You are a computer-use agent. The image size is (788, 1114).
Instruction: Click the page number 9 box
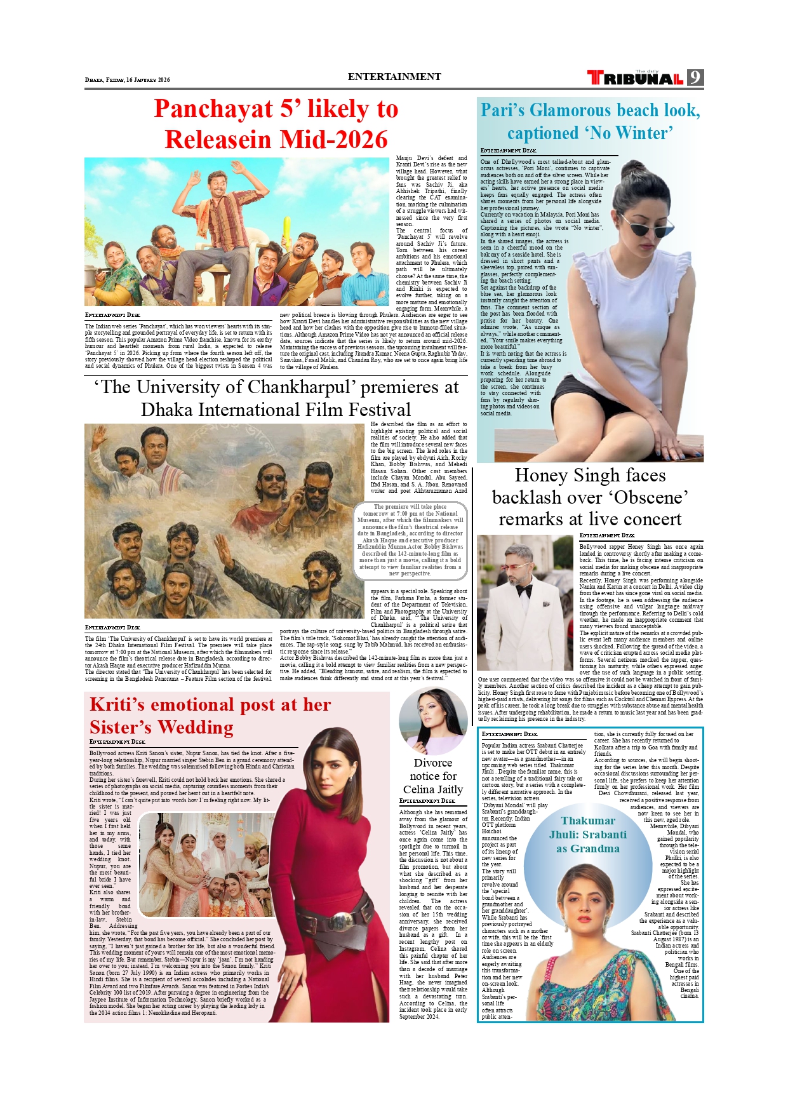pos(696,77)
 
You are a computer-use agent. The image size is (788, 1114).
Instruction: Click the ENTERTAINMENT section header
pos(394,77)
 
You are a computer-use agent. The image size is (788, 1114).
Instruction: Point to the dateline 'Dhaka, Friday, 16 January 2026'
pos(128,80)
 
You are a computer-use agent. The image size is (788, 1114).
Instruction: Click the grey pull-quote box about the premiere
pos(411,540)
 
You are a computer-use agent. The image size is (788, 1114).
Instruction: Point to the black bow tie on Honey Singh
pos(523,591)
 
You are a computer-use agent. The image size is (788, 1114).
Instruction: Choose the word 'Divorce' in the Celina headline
pos(433,763)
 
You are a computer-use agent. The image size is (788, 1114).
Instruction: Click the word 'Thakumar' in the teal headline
pos(588,821)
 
